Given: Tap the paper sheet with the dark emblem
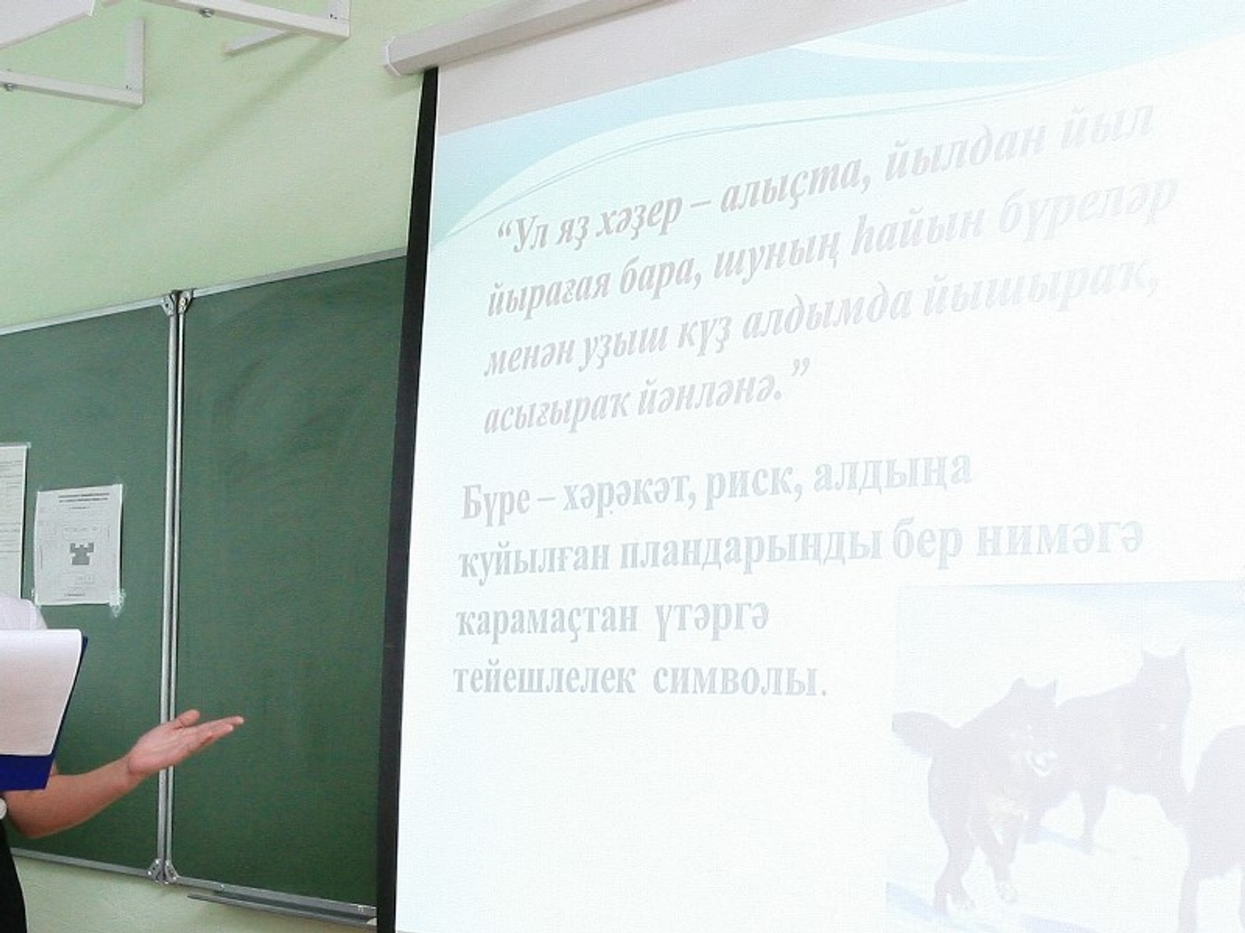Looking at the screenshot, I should tap(79, 544).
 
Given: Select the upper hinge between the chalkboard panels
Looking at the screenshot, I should tap(178, 302).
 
